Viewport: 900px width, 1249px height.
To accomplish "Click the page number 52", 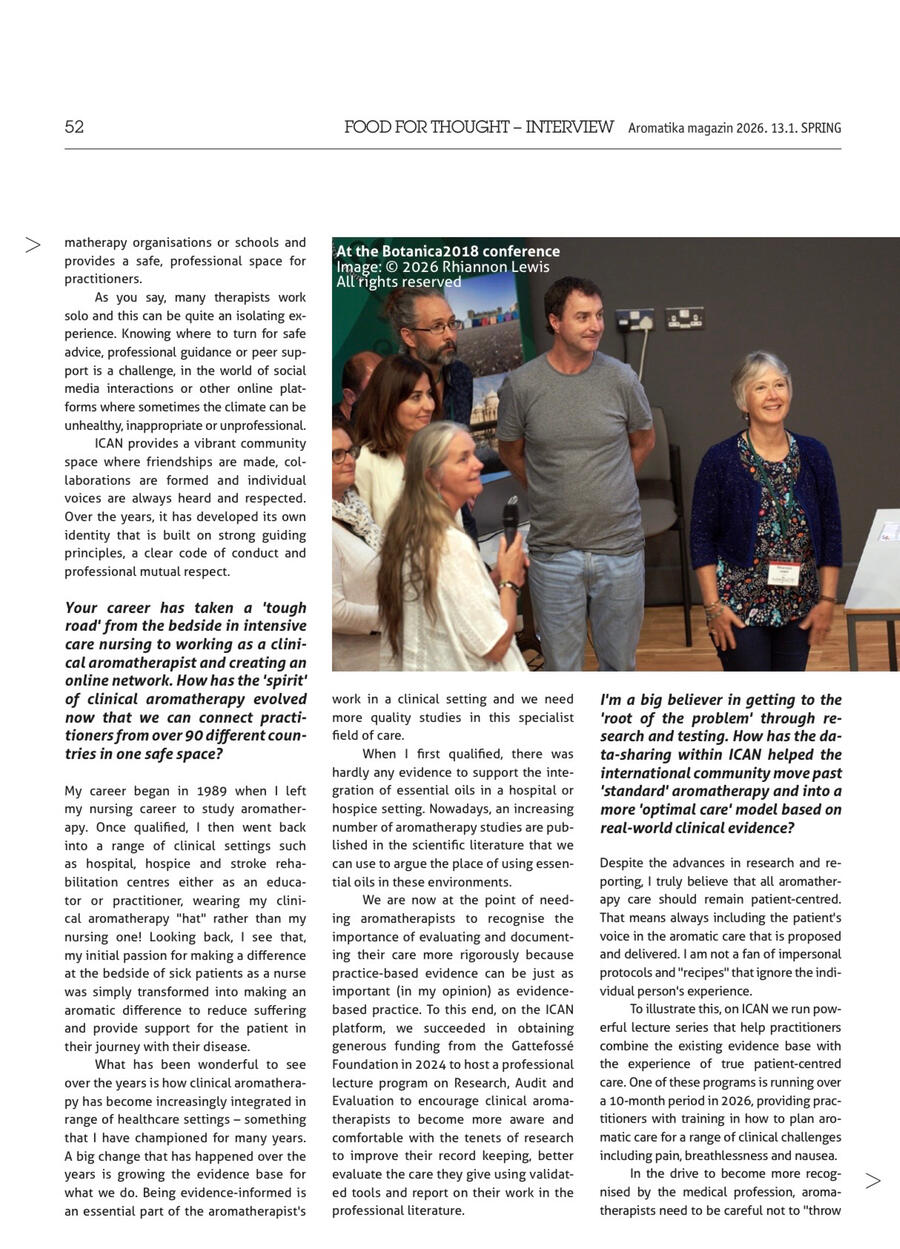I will [74, 127].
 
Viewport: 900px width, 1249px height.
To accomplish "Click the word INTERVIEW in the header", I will [569, 127].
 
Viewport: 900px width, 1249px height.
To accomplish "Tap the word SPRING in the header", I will [820, 128].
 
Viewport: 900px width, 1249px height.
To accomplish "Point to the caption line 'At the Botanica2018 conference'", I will [448, 251].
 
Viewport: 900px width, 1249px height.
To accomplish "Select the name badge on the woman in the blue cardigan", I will [783, 573].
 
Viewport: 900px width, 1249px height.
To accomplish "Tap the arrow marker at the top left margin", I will [33, 245].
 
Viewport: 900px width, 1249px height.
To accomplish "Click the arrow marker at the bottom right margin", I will [873, 1181].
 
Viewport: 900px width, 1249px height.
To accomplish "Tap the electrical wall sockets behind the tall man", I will [659, 319].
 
